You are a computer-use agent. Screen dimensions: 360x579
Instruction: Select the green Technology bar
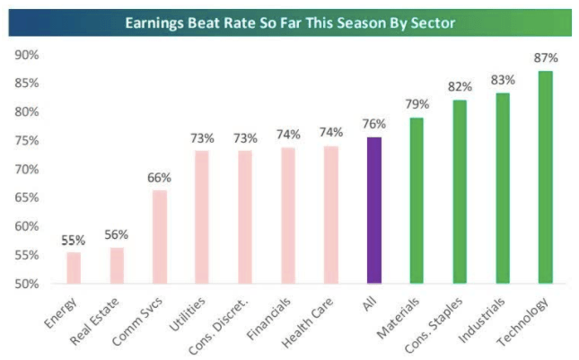tap(546, 177)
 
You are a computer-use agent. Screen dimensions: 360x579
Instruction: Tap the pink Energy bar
tap(74, 268)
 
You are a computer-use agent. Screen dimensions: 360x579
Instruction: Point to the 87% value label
tap(546, 58)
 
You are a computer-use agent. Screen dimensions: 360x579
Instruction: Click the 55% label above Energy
tap(74, 240)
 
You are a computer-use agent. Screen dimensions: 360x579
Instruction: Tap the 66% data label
tap(160, 177)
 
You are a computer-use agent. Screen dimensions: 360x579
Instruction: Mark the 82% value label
tap(460, 87)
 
